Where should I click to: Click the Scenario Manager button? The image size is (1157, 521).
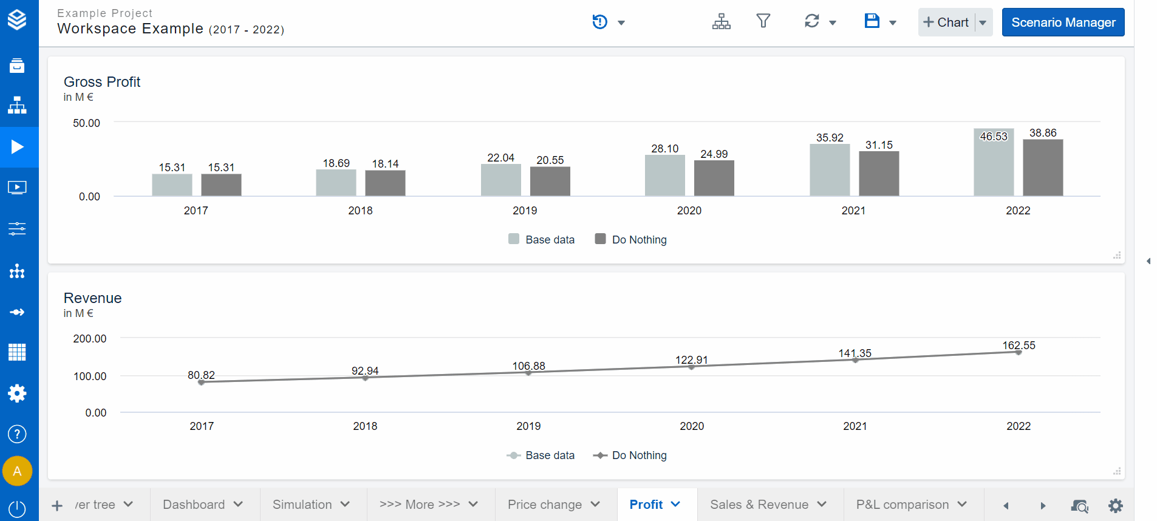(x=1063, y=22)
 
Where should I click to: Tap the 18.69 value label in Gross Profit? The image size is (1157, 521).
(x=336, y=163)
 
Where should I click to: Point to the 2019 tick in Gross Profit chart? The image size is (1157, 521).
(x=525, y=211)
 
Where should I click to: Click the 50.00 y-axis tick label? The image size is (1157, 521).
(x=86, y=123)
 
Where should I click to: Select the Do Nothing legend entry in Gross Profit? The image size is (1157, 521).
(x=631, y=240)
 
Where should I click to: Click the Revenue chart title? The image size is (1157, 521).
(x=92, y=298)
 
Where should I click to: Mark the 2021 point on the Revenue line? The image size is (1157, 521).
(x=855, y=360)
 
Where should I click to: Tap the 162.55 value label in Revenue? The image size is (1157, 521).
(x=1019, y=346)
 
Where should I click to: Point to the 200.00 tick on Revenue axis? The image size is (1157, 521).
(x=89, y=339)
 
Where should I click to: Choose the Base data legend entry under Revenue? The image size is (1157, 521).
(x=541, y=455)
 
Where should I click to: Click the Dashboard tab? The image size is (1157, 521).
(x=194, y=505)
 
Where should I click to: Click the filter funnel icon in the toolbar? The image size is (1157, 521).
(x=763, y=21)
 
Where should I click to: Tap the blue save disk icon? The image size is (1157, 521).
(x=872, y=21)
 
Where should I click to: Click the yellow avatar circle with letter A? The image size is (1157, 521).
(x=17, y=471)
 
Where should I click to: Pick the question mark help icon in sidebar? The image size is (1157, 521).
(x=17, y=434)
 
